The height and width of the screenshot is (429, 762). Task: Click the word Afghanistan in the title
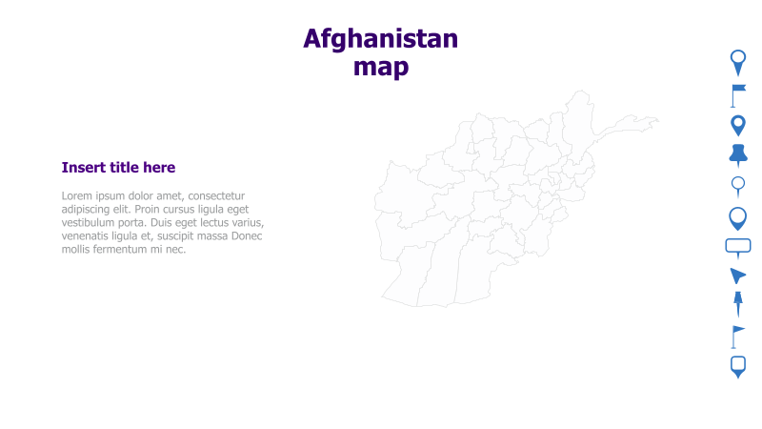click(x=380, y=39)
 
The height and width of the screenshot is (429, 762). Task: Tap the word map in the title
click(x=380, y=67)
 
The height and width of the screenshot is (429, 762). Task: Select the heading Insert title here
click(x=118, y=168)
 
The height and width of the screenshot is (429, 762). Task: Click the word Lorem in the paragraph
click(x=76, y=196)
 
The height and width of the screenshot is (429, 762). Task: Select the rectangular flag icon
click(x=738, y=94)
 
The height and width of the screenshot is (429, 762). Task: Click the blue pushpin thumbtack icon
click(x=738, y=153)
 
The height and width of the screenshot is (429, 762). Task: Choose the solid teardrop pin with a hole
click(x=738, y=125)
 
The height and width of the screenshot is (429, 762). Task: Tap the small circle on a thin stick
click(x=738, y=185)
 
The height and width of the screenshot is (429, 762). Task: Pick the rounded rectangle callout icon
click(x=738, y=247)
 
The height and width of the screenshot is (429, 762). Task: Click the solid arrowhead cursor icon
click(x=737, y=276)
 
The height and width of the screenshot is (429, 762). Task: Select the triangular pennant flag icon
click(x=737, y=336)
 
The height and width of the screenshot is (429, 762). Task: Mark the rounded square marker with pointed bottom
click(x=738, y=366)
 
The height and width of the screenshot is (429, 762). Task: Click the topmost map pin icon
click(x=738, y=62)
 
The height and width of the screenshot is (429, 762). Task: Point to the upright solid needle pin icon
click(x=738, y=305)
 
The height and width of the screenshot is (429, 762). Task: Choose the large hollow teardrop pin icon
click(x=738, y=218)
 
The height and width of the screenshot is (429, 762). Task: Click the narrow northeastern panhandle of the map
click(x=632, y=124)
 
